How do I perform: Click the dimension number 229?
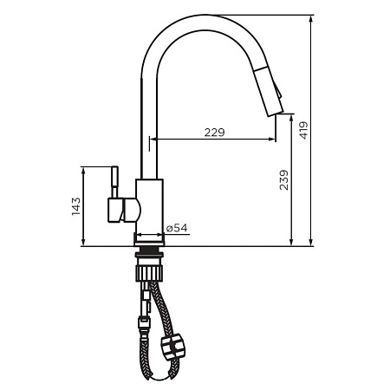(215, 132)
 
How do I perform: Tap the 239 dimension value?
(285, 181)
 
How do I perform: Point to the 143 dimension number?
(75, 206)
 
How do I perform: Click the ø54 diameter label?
(177, 228)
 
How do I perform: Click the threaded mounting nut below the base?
(148, 257)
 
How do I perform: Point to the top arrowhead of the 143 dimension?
(83, 171)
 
